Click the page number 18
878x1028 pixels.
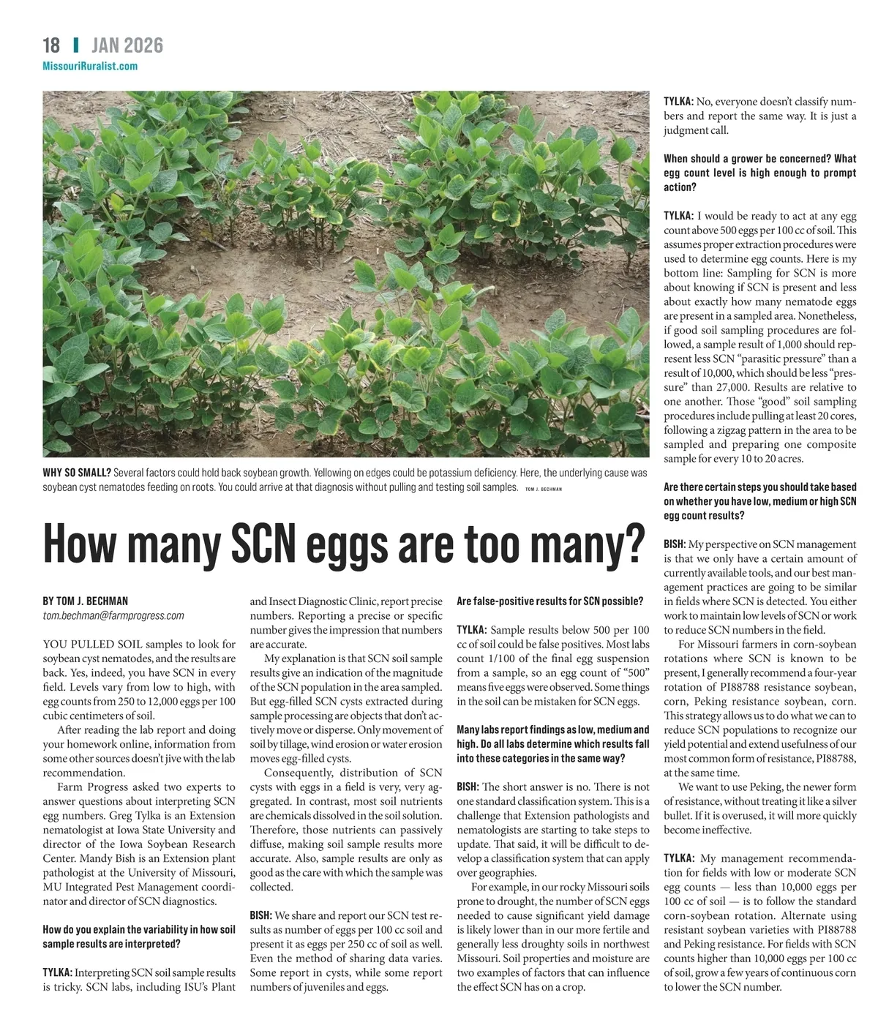(51, 45)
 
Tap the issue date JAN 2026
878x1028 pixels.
(127, 45)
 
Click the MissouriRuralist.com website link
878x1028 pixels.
(90, 66)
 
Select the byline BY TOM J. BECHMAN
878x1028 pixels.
(86, 601)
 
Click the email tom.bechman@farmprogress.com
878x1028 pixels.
(113, 615)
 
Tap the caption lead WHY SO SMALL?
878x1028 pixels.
(77, 473)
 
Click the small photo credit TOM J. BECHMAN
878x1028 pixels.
(544, 489)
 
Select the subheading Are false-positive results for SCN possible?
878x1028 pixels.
(549, 601)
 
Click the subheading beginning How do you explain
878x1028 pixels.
(139, 937)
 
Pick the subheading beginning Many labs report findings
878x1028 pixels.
(552, 743)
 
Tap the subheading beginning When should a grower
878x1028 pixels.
(759, 173)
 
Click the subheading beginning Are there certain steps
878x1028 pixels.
(759, 501)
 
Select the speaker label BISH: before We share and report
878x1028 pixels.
(261, 915)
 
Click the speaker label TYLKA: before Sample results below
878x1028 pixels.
(472, 629)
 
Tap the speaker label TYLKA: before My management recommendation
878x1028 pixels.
(679, 858)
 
